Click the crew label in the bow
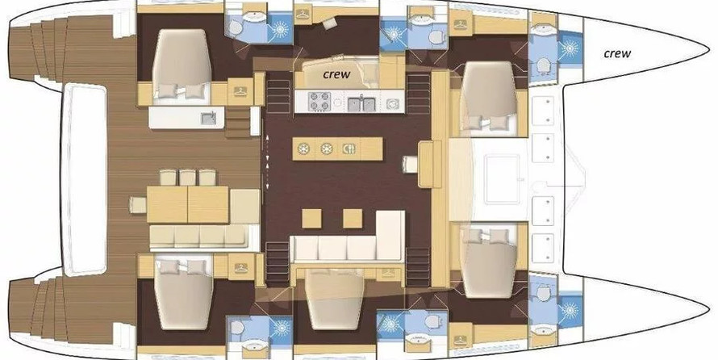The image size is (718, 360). [x=617, y=53]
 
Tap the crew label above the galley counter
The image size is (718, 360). [x=336, y=73]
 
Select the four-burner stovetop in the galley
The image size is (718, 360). [x=320, y=101]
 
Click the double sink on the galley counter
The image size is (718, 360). [x=361, y=104]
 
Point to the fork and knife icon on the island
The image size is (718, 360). [x=349, y=149]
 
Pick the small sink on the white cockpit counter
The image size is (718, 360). [x=207, y=119]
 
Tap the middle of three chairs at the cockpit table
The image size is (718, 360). [x=187, y=178]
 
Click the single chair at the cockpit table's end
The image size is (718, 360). [x=138, y=205]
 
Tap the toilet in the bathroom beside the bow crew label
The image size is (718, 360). [x=543, y=65]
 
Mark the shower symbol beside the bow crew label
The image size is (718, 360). [x=570, y=48]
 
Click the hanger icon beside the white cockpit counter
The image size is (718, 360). [x=240, y=91]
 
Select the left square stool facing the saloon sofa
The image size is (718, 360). [x=312, y=219]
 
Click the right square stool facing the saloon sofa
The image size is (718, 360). [x=353, y=219]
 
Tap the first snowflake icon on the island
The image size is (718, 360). [x=304, y=149]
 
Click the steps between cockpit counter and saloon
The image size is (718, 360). [x=237, y=123]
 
